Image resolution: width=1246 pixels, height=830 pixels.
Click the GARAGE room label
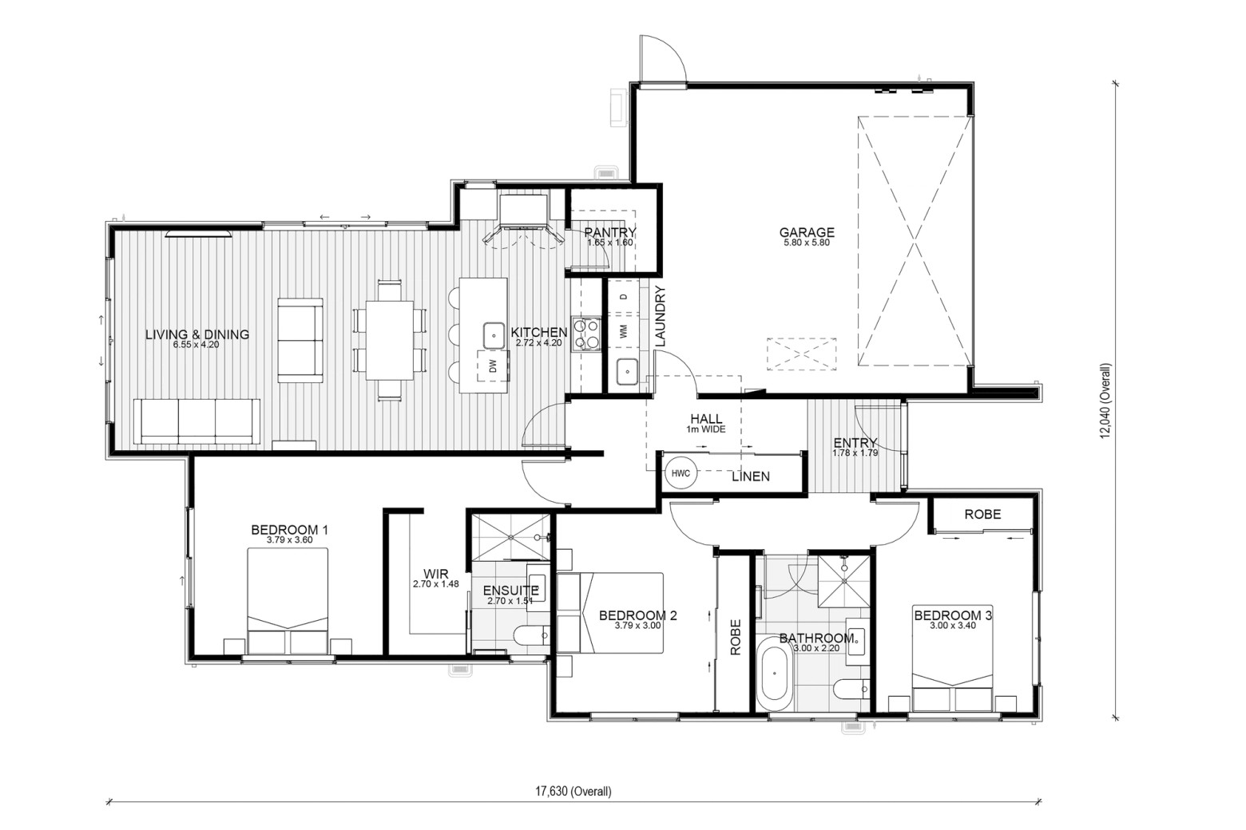click(x=807, y=232)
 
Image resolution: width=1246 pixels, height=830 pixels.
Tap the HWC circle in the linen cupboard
click(x=681, y=473)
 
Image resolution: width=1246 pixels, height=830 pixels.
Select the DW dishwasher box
click(x=492, y=366)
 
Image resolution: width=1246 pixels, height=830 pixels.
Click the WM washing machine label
click(x=623, y=330)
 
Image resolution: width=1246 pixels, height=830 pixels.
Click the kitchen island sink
click(x=494, y=335)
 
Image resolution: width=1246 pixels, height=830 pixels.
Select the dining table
click(x=390, y=340)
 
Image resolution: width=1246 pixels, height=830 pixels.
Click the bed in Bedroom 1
click(x=288, y=601)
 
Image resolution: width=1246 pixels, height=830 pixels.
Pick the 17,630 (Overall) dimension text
click(x=573, y=791)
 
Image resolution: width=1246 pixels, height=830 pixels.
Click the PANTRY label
click(x=610, y=232)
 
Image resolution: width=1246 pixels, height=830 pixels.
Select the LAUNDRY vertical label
click(x=661, y=316)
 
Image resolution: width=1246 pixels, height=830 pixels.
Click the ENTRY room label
click(x=855, y=442)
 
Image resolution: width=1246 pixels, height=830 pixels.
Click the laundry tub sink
click(x=627, y=371)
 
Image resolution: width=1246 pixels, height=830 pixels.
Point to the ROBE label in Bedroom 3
click(x=982, y=514)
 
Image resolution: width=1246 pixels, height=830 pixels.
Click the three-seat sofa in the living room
click(x=197, y=421)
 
